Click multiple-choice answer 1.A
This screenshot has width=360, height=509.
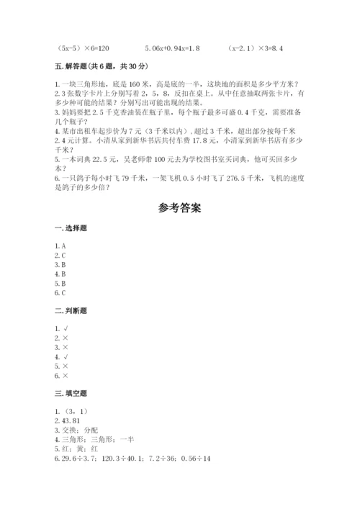tap(60, 246)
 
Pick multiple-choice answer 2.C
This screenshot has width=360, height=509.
tap(60, 255)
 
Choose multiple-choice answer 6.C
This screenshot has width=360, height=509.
tap(60, 293)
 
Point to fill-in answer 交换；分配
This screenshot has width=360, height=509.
tap(74, 431)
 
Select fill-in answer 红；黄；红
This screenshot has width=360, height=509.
tap(74, 449)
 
